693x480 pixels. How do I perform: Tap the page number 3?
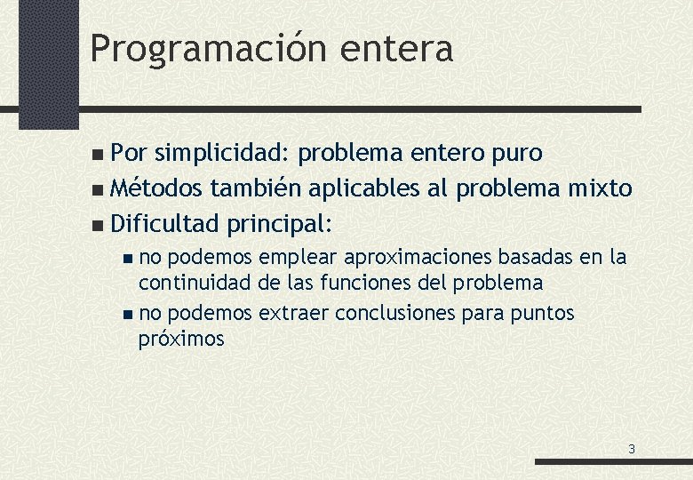pos(632,449)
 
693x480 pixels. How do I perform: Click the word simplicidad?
pos(221,153)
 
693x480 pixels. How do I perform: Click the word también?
pos(259,188)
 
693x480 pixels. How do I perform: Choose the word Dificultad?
pos(164,222)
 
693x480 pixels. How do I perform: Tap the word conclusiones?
pos(407,313)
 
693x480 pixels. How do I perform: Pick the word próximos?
pos(181,339)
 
